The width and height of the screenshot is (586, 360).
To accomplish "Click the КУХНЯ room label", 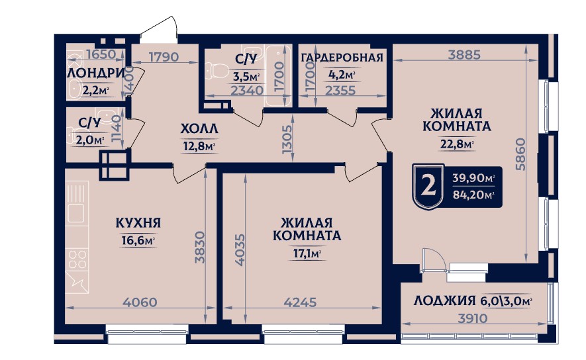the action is point(138,223).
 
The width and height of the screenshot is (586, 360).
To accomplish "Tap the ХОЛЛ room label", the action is point(199,129).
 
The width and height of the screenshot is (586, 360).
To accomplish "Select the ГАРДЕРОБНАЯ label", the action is point(342,58).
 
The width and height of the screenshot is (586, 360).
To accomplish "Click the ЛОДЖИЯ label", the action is point(444,300).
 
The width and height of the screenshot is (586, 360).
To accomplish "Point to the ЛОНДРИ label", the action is point(96,73).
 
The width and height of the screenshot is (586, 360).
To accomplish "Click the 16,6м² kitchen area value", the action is point(138,240).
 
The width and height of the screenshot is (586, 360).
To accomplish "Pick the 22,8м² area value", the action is point(457,144).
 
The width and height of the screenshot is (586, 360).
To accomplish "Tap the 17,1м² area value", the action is point(307,254).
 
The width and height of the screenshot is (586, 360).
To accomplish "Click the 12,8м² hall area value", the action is point(199,146).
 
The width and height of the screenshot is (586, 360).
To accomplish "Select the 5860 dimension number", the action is point(520,154).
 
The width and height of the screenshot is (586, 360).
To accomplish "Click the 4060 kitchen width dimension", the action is point(140,302).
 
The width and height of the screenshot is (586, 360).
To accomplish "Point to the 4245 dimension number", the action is point(300,302).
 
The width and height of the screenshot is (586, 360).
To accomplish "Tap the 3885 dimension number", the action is point(464,55).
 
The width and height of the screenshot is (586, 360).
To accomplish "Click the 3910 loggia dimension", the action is point(473,318).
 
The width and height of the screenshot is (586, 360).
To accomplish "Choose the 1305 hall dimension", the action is point(287,139).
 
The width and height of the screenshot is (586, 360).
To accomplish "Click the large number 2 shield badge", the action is point(428,186).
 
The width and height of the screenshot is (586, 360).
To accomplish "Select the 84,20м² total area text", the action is point(473,195).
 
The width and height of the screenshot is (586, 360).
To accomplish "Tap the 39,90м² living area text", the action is point(473,178).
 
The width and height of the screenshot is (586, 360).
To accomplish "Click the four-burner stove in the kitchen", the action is point(77,259).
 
